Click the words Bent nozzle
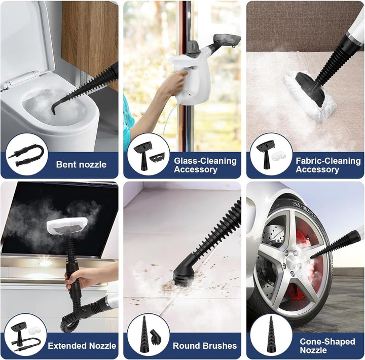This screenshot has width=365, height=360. coord(81,165)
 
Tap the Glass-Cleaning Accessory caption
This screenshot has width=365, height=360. coord(205,165)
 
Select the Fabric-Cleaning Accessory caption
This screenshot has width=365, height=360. coord(328,165)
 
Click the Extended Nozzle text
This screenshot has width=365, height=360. coord(82,346)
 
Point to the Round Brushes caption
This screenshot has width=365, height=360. coord(205,346)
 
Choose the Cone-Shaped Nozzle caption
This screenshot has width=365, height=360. coord(327,346)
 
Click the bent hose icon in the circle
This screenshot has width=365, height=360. coord(26,154)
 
